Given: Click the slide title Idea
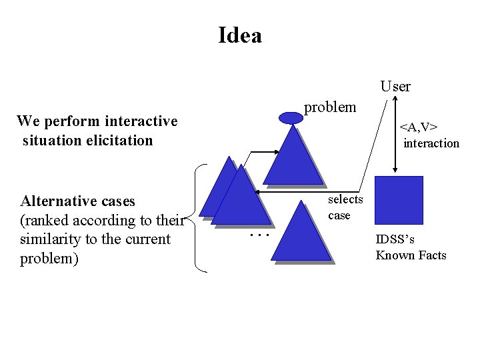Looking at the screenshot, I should tap(240, 35).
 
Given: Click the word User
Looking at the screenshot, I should tap(395, 86).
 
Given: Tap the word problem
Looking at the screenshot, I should tap(330, 107).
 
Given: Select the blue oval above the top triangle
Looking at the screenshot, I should tap(291, 118).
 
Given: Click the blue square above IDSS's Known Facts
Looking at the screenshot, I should tap(399, 200).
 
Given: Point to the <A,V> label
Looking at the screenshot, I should tap(418, 127).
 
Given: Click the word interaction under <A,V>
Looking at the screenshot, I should tap(431, 143).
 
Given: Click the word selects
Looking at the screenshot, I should tap(345, 199).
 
